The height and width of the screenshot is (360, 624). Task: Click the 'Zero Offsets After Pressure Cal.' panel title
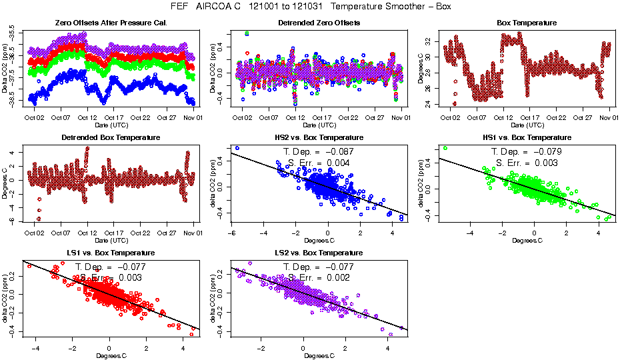click(x=110, y=23)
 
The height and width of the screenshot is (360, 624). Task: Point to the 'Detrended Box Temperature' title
click(x=110, y=138)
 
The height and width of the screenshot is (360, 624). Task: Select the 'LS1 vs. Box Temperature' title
click(x=110, y=253)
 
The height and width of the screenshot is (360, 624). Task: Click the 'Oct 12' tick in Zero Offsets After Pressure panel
click(x=87, y=118)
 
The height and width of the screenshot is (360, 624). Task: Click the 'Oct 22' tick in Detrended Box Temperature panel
click(x=140, y=233)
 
